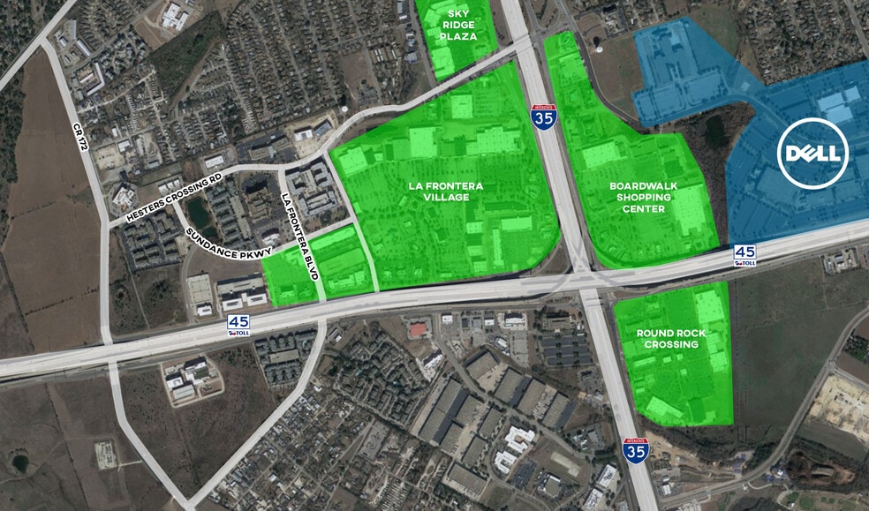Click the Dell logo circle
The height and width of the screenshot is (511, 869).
812,154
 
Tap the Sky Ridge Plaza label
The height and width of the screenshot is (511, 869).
461,25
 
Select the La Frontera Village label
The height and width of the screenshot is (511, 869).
439,192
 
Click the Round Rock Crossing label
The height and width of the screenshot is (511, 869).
671,339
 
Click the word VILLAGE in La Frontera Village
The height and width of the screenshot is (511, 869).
439,198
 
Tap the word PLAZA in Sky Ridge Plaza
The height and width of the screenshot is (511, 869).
461,36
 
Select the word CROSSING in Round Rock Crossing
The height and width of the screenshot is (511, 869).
671,344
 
